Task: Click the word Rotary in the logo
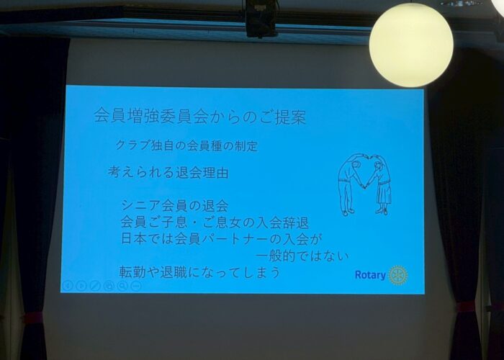click(370, 275)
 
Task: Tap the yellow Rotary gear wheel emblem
click(398, 275)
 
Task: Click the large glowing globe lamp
click(411, 45)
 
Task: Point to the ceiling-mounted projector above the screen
click(261, 18)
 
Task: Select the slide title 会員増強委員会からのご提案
click(200, 117)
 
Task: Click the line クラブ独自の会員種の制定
click(186, 145)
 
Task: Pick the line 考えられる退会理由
click(168, 172)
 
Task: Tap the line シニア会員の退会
click(175, 206)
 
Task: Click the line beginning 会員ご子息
click(215, 222)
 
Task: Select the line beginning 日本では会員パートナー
click(222, 239)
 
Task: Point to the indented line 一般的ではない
click(303, 256)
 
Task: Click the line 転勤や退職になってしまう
click(199, 273)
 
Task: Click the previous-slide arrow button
click(67, 285)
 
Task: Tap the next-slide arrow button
click(81, 285)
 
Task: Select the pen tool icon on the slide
click(95, 285)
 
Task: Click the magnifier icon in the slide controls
click(122, 285)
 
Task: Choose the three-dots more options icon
click(136, 285)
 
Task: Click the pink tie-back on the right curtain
click(465, 307)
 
